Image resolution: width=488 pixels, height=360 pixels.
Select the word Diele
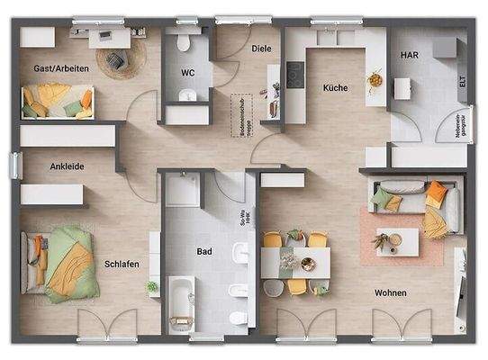click(x=261, y=49)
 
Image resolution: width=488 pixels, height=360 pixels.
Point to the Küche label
click(x=336, y=88)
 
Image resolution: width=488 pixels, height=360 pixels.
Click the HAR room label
click(x=409, y=55)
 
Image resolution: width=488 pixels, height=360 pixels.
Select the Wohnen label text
click(x=391, y=293)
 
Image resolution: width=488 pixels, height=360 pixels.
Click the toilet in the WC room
click(x=187, y=43)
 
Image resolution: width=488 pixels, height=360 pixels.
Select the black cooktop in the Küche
click(x=294, y=74)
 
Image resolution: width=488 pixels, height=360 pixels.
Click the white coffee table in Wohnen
click(x=397, y=241)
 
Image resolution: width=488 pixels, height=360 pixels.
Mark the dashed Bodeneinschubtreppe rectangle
click(x=239, y=113)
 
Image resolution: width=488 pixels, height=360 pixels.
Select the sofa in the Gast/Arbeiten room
click(x=57, y=101)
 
